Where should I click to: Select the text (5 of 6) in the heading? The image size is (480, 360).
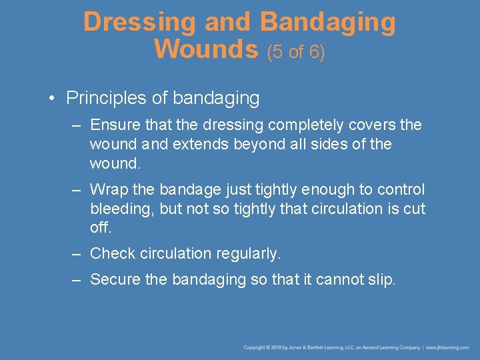click(296, 51)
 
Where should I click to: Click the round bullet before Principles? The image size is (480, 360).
click(51, 99)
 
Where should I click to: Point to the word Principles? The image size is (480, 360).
click(107, 99)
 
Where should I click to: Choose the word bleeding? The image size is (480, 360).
click(123, 209)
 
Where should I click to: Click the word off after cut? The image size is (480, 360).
click(100, 228)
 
